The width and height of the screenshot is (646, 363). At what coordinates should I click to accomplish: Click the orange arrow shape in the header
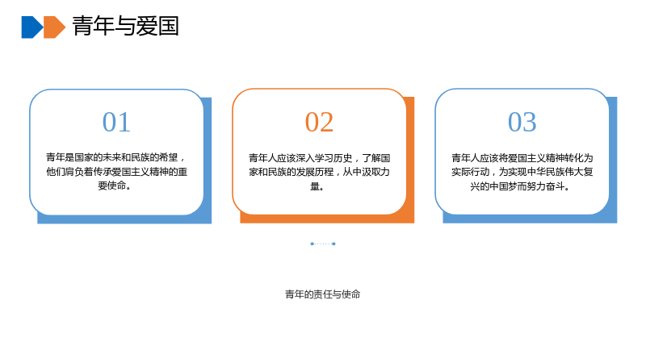pos(54,27)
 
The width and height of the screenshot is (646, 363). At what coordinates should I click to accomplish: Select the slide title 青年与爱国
pos(126,26)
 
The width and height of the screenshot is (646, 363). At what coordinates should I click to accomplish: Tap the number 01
pos(116,122)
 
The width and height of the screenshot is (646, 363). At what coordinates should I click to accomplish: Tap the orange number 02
pos(319,122)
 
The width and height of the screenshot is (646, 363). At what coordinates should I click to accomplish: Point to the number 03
pos(522,122)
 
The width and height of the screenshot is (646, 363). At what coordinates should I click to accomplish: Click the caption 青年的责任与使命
pos(322,294)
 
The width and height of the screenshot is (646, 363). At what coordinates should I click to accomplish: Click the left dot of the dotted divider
pos(312,244)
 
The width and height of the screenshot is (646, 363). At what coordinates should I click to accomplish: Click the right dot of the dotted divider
pos(333,244)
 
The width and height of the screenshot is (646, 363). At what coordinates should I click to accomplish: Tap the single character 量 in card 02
pos(315,186)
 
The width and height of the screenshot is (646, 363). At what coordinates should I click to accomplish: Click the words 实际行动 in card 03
pos(471,172)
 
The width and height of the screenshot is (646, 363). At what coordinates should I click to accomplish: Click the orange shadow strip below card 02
pos(327,219)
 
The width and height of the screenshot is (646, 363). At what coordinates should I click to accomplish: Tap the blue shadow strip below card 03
pos(530,219)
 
